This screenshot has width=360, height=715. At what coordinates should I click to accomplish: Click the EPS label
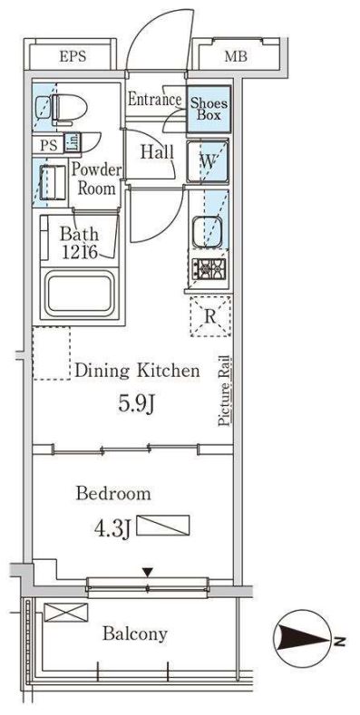click(73, 57)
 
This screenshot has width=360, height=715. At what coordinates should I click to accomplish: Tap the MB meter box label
click(236, 57)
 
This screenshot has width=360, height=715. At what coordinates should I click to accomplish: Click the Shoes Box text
click(209, 109)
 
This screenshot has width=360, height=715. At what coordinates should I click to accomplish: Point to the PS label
click(49, 146)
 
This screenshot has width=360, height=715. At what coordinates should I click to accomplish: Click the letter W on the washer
click(208, 163)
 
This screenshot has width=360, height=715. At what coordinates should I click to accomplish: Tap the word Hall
click(157, 152)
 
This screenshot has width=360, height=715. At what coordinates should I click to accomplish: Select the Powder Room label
click(97, 179)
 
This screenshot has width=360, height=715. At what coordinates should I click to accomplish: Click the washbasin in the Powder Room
click(53, 182)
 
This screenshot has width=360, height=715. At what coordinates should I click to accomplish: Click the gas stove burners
click(209, 268)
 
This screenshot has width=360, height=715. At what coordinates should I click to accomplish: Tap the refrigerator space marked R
click(210, 316)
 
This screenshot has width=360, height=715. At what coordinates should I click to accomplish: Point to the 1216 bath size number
click(80, 252)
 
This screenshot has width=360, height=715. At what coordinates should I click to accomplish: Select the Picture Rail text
click(225, 391)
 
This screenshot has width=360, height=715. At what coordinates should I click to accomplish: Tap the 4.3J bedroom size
click(112, 528)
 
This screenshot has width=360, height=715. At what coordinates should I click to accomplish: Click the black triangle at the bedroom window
click(147, 572)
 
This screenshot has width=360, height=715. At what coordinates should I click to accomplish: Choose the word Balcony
click(135, 633)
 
